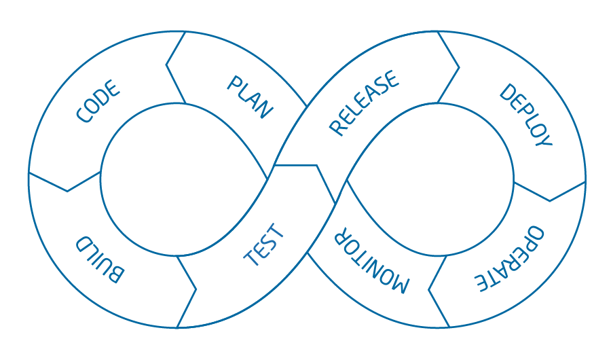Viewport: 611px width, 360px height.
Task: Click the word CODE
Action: pos(98,102)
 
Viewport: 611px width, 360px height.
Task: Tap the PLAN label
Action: pos(250,97)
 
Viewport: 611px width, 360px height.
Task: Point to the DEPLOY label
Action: pos(525,115)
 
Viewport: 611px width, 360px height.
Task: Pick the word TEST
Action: pos(265,245)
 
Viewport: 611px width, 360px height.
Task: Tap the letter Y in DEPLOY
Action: pos(544,139)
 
